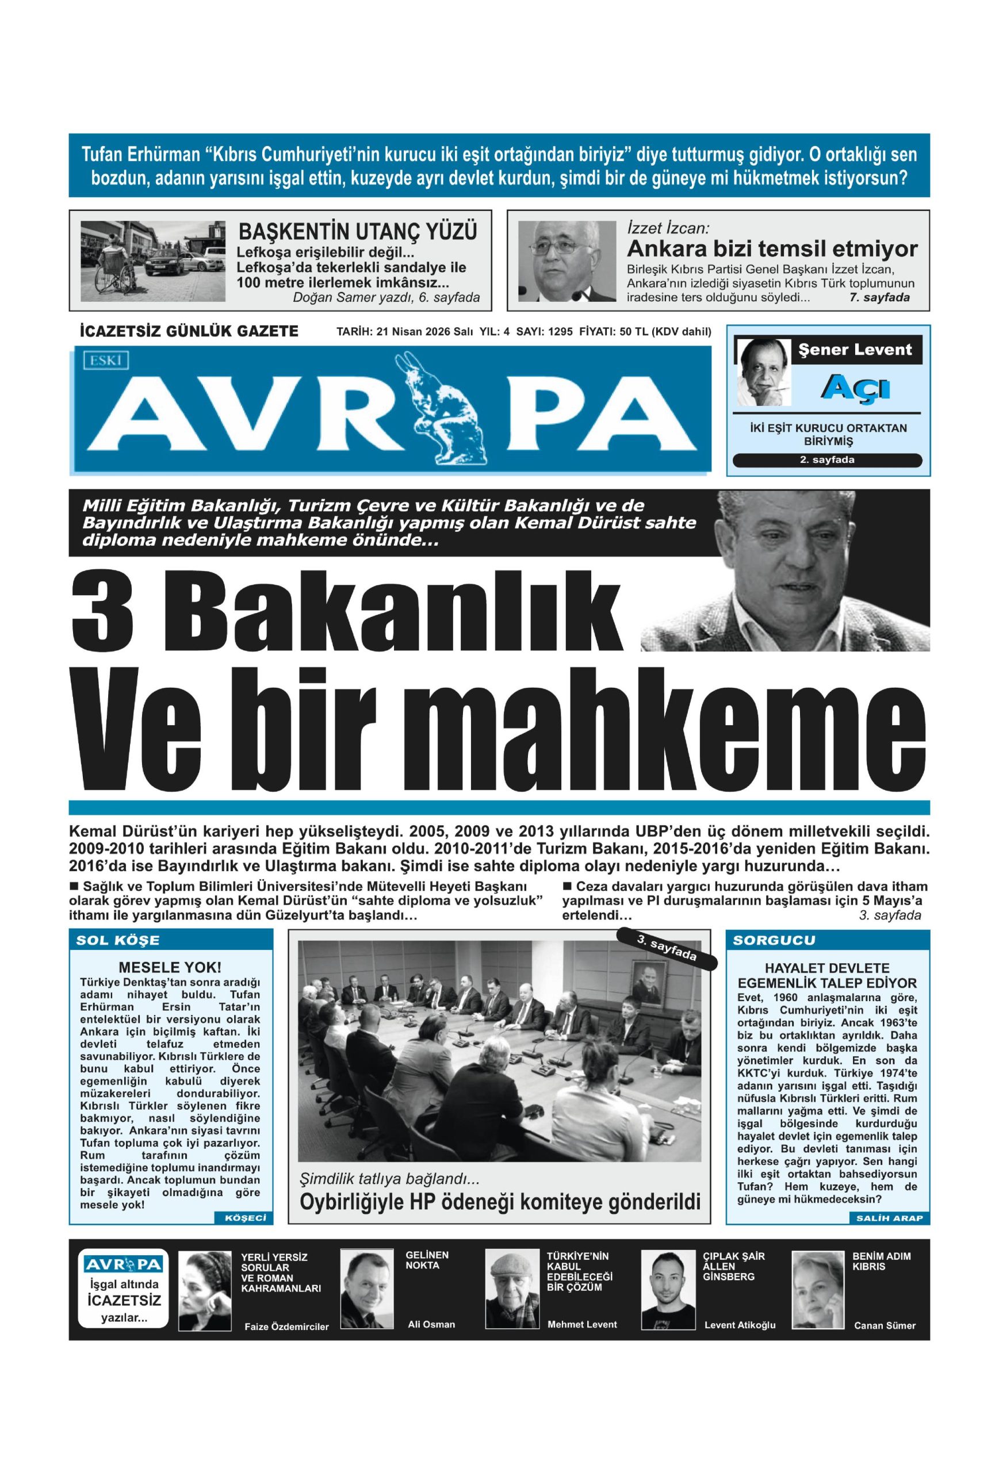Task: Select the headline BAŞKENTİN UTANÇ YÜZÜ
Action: click(x=357, y=231)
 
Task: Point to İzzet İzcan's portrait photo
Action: click(x=567, y=260)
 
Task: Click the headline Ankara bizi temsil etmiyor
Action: click(x=772, y=248)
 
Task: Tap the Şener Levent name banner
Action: click(x=855, y=350)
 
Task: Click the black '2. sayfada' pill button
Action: click(x=826, y=460)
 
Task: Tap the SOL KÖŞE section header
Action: click(x=118, y=940)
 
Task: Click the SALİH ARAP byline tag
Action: click(x=889, y=1218)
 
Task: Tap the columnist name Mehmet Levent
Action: click(x=581, y=1324)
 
